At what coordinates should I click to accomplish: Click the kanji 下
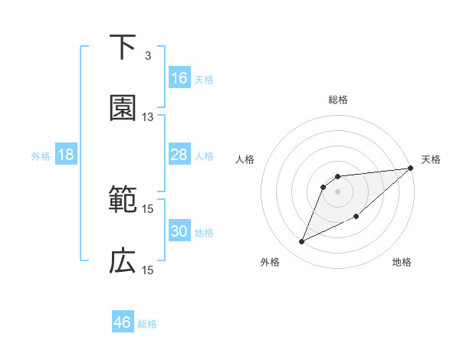[x=123, y=47]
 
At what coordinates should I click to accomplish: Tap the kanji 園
[x=123, y=109]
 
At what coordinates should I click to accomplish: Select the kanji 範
[x=123, y=200]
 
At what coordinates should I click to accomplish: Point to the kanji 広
[x=123, y=262]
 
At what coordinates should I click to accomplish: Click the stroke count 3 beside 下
[x=147, y=55]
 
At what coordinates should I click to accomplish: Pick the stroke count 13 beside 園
[x=148, y=117]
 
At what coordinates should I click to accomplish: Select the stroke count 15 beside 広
[x=148, y=270]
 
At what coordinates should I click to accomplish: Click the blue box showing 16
[x=179, y=77]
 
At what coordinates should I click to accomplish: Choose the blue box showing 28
[x=179, y=155]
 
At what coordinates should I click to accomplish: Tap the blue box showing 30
[x=179, y=231]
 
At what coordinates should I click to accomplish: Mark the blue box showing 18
[x=66, y=155]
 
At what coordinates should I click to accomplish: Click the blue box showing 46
[x=123, y=322]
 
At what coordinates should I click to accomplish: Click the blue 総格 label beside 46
[x=147, y=324]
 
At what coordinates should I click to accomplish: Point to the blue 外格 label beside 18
[x=41, y=155]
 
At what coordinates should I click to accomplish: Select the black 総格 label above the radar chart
[x=338, y=100]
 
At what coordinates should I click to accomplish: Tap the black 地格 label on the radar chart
[x=402, y=263]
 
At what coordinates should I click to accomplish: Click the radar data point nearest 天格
[x=410, y=169]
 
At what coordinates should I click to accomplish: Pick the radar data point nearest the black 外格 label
[x=302, y=242]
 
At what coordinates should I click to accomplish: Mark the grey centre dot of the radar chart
[x=338, y=191]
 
